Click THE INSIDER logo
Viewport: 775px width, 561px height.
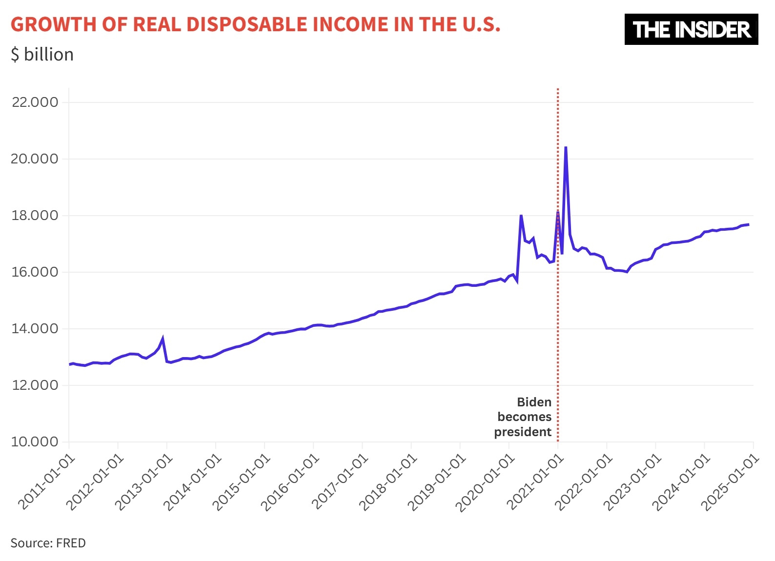[691, 29]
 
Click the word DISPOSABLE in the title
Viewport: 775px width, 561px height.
[246, 24]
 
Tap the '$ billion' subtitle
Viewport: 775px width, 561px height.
[42, 54]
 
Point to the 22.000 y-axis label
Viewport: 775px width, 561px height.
[35, 102]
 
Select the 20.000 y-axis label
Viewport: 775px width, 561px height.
[35, 159]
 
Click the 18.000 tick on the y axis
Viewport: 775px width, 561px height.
[35, 215]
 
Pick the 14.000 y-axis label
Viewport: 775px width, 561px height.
[35, 328]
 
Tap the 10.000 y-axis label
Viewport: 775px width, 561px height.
[35, 441]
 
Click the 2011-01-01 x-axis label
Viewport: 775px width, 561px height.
[47, 481]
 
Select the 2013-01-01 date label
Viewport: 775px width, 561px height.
[145, 481]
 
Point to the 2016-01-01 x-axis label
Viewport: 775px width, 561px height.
[291, 481]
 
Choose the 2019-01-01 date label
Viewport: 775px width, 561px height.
[438, 481]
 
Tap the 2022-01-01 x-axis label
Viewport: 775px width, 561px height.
[585, 481]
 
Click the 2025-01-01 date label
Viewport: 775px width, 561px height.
[731, 481]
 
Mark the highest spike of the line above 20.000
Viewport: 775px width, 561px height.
[566, 147]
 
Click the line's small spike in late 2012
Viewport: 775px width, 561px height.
[163, 338]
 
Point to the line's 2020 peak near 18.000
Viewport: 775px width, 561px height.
[521, 215]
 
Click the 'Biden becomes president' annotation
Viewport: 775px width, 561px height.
[524, 417]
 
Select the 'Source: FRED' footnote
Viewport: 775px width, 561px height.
[48, 543]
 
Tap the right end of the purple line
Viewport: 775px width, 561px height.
[748, 224]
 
